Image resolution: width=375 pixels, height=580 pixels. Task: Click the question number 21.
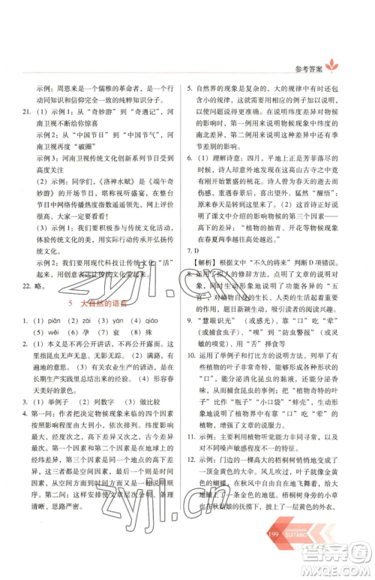point(27,112)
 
